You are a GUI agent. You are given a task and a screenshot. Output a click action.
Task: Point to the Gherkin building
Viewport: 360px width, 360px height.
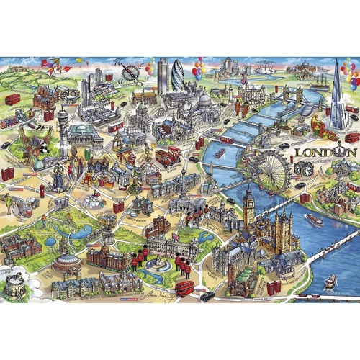pos(177,75)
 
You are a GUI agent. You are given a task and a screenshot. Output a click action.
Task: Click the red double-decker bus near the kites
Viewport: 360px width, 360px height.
pos(12,99)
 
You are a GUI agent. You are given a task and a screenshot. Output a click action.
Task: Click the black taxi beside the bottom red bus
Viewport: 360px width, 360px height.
pos(207,295)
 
